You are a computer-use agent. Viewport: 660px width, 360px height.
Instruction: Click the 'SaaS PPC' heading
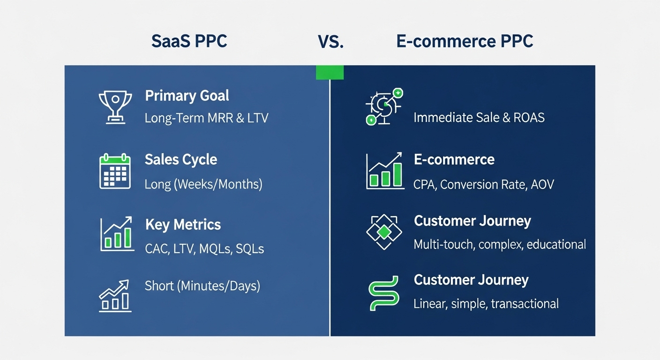point(189,41)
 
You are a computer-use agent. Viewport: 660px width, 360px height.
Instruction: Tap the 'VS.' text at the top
point(330,42)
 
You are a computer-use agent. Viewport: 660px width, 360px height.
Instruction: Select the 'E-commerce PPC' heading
point(465,41)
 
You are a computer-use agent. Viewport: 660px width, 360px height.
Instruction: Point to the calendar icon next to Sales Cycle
point(115,172)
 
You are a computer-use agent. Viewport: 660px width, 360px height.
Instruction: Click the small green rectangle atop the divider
point(330,72)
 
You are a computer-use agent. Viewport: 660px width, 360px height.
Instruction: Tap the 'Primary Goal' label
point(187,96)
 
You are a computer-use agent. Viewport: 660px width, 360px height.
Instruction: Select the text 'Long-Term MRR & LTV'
point(206,118)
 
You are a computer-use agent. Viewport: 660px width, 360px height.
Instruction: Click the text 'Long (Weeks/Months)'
point(203,184)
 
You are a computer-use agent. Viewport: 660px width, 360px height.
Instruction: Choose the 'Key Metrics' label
point(183,225)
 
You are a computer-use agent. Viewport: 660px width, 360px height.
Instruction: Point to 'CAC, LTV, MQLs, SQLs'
point(204,248)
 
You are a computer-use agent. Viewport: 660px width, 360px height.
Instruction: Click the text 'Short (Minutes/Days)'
point(202,285)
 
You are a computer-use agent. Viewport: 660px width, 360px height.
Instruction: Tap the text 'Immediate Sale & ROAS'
point(479,117)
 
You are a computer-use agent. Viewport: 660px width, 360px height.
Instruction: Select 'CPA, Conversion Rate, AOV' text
point(483,185)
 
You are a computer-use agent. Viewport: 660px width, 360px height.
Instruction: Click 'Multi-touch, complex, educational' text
point(500,244)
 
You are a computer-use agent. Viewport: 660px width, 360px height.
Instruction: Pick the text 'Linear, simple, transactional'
point(486,304)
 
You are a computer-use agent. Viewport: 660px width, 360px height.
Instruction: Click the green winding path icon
point(384,292)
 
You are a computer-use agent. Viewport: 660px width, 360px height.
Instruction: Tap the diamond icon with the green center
point(384,232)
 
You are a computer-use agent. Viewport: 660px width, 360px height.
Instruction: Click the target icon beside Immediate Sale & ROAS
point(383,107)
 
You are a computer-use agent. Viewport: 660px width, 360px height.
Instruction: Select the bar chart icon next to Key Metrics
point(115,233)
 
